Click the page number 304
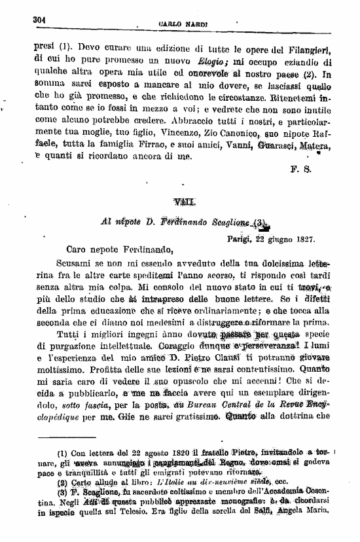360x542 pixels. coord(41,20)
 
